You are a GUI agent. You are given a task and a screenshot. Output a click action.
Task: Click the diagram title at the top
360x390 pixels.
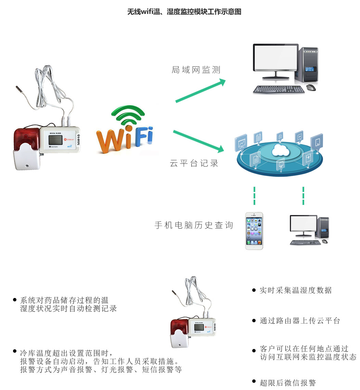184,12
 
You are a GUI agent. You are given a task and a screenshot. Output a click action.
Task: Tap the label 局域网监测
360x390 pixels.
196,70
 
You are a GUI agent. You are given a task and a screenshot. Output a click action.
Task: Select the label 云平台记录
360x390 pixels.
194,163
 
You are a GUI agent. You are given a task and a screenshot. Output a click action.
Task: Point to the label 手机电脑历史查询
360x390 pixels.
194,225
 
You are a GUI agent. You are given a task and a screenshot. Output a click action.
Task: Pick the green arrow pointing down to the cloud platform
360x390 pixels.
198,141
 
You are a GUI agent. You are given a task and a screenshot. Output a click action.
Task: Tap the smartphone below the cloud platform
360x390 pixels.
254,231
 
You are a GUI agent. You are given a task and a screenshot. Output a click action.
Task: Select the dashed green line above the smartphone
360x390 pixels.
254,196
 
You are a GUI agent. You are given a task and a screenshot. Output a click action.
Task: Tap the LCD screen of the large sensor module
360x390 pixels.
55,140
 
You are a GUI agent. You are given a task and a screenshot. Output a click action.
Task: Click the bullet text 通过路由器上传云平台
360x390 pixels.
300,321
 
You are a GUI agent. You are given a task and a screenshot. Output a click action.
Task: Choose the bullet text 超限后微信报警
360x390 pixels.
287,383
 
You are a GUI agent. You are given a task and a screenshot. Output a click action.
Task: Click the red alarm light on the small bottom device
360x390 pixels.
179,327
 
